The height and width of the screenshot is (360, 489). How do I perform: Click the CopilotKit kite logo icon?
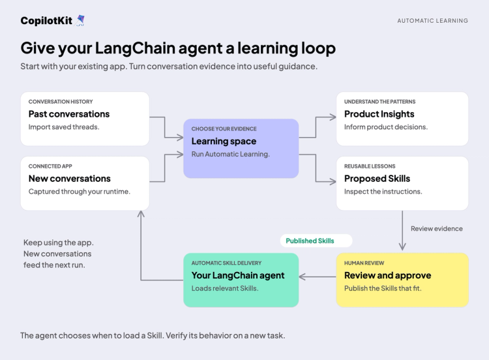(x=80, y=20)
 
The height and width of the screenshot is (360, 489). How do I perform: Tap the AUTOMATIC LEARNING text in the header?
(x=432, y=21)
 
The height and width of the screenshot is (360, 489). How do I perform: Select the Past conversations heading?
(x=69, y=114)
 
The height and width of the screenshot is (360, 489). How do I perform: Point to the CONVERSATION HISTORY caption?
(x=61, y=102)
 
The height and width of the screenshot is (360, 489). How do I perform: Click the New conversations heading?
(x=70, y=179)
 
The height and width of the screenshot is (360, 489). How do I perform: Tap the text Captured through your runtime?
(x=79, y=192)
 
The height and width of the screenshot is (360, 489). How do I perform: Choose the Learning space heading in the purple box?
(x=224, y=142)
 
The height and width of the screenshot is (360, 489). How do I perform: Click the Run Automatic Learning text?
(x=230, y=154)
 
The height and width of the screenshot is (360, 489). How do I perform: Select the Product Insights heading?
(x=379, y=114)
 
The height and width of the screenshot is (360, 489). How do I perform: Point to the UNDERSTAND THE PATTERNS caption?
(x=380, y=102)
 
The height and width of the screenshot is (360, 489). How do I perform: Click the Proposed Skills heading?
(x=377, y=179)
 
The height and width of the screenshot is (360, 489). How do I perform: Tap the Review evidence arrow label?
(x=437, y=229)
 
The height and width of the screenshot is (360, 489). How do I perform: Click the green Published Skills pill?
(x=316, y=241)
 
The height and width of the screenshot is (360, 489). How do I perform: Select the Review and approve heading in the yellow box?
(x=388, y=275)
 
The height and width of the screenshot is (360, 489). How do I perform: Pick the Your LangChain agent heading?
(x=238, y=275)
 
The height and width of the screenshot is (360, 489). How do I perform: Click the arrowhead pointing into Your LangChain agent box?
(x=302, y=277)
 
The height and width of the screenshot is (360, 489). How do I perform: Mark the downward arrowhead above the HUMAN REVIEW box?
(x=402, y=247)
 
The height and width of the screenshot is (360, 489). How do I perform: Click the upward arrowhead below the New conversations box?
(x=141, y=214)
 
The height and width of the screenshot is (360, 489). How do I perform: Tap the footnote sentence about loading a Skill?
(x=153, y=336)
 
